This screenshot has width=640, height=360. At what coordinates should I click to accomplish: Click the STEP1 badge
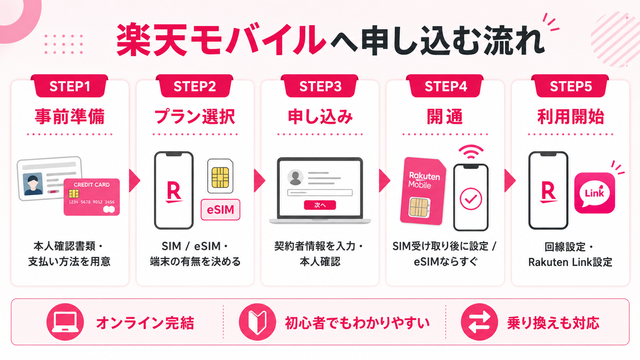coord(69,86)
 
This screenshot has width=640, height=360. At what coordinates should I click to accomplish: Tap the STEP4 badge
coord(445,86)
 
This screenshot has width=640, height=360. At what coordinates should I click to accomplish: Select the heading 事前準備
coord(70,116)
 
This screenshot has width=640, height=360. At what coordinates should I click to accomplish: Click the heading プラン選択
coord(195,116)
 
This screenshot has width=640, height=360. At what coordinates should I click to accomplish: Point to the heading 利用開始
coord(571,116)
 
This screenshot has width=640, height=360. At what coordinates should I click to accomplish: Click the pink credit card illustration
coord(92,197)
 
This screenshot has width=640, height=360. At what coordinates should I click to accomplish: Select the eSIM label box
coord(220,210)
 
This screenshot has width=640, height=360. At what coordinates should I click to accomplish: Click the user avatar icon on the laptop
coord(296,178)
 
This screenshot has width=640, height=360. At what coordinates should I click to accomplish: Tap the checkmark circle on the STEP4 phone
coord(471,199)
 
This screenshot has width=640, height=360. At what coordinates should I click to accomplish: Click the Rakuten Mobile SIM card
coord(423,191)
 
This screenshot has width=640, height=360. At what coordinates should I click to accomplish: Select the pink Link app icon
coord(594,193)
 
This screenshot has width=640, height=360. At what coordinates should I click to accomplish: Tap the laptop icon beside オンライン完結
coord(65,322)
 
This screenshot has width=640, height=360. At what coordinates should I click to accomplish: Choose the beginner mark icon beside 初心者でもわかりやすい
coord(258,322)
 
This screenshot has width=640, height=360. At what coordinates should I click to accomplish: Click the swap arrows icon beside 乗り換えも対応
coord(480,322)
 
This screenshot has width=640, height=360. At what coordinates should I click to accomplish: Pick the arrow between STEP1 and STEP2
coord(134,181)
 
